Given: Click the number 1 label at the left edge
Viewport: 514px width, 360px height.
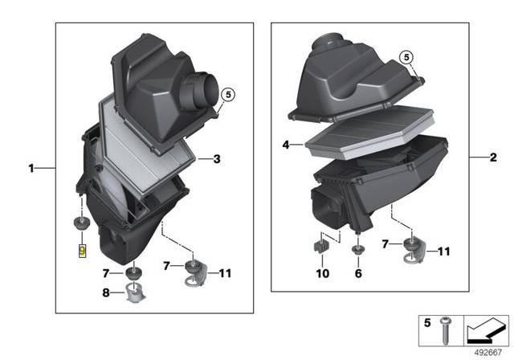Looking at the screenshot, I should [31, 169].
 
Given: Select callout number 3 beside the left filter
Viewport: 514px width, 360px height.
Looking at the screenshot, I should [216, 159].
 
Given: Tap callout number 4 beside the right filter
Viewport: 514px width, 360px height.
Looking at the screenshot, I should [285, 145].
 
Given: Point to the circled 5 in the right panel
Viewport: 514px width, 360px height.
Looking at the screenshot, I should [406, 56].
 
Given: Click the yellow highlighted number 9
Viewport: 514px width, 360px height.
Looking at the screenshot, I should [81, 251].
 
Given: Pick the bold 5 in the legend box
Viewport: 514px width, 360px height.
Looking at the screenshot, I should [427, 323].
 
